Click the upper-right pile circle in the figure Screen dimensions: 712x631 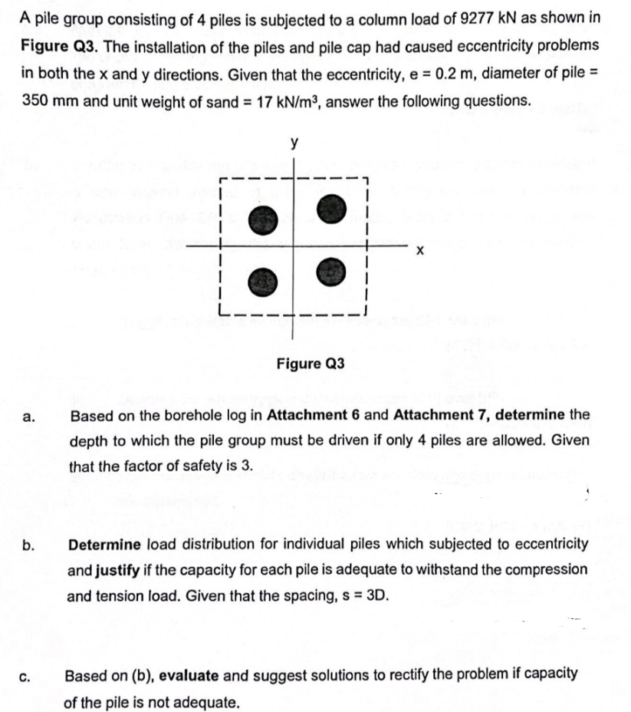point(330,208)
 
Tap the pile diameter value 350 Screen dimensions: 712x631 point(37,101)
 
